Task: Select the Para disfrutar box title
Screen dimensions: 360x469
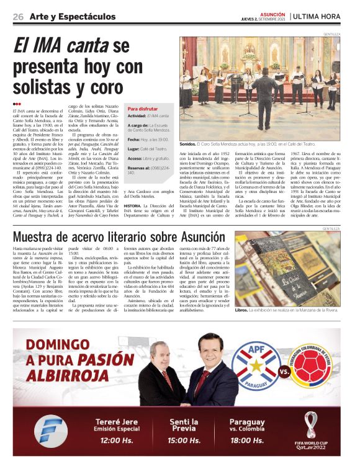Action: (x=143, y=108)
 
